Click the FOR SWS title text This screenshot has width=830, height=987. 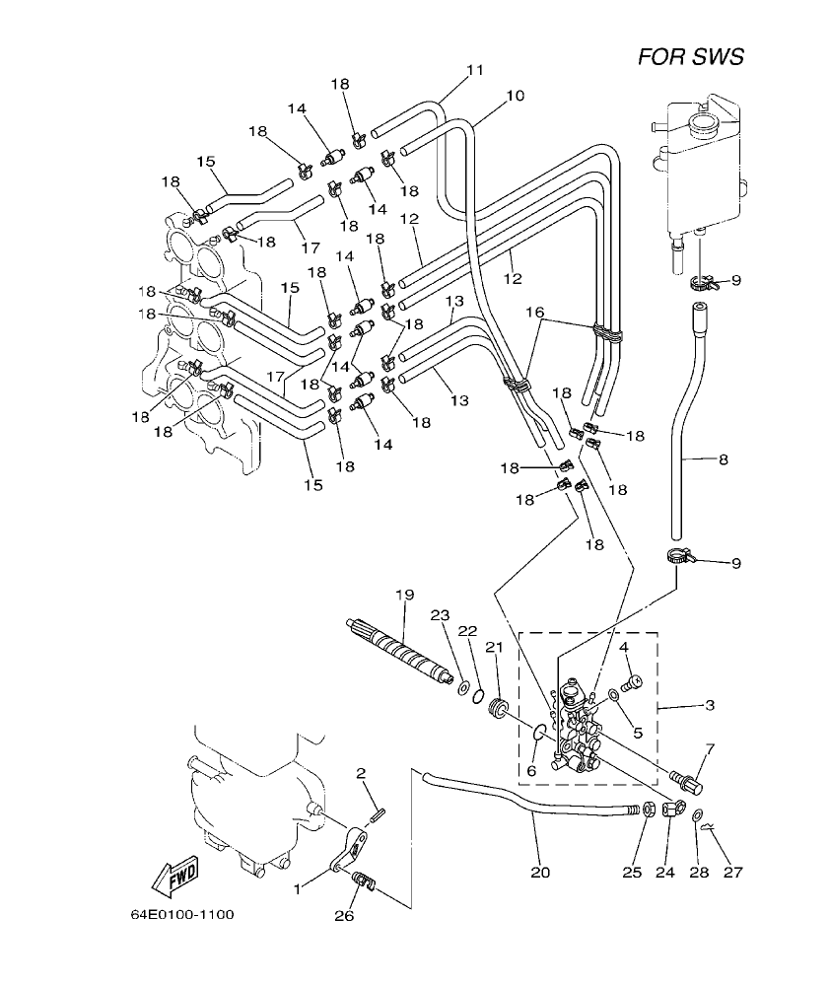click(690, 56)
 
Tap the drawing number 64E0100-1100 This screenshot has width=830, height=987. click(182, 914)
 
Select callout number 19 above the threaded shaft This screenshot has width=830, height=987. click(402, 595)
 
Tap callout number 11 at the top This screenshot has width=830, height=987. click(475, 70)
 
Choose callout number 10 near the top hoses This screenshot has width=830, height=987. click(514, 96)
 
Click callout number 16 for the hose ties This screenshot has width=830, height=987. click(534, 312)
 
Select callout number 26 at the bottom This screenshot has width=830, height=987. click(344, 915)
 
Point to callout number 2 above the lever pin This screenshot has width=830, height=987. click(361, 772)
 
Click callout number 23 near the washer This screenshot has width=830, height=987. click(439, 615)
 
